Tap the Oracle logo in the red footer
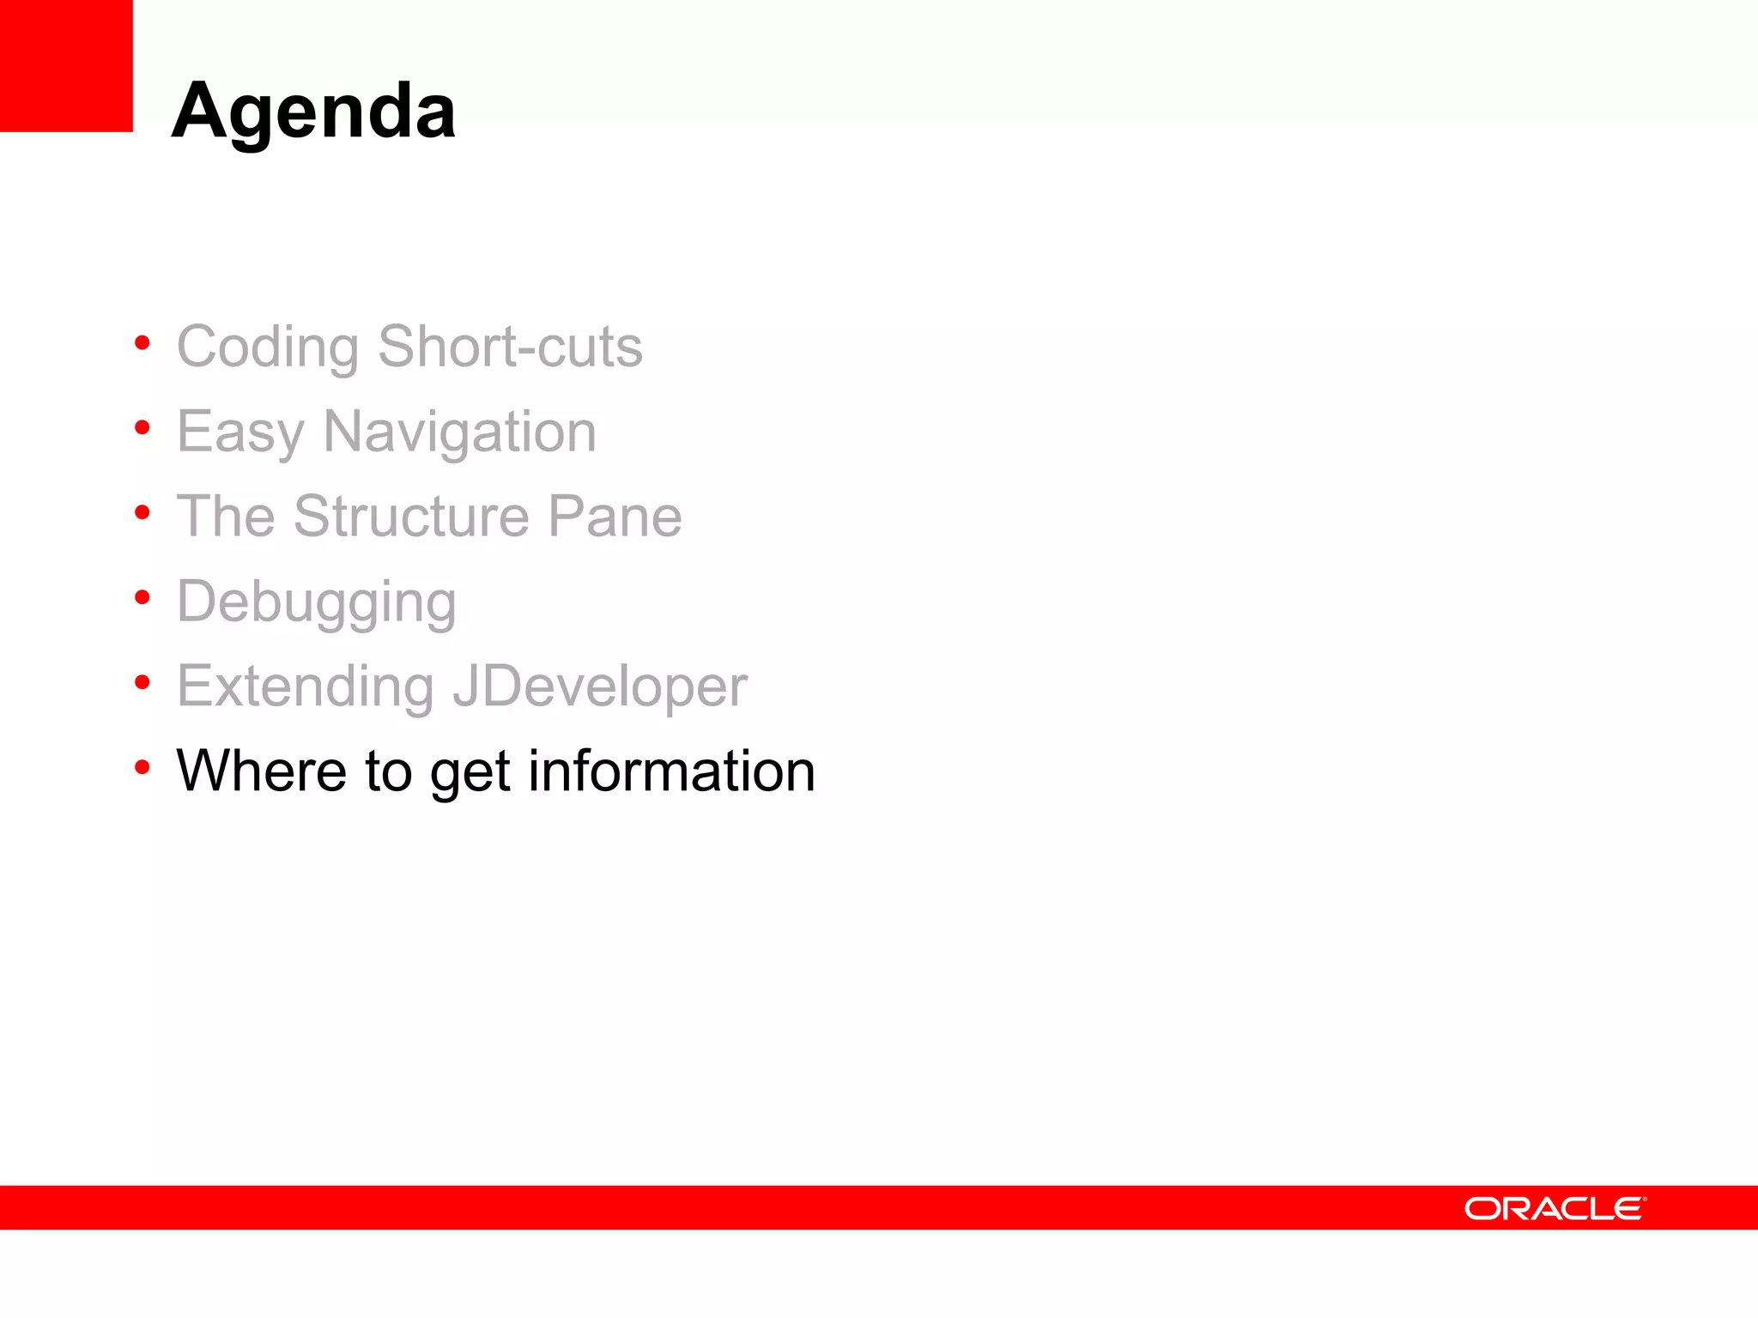[x=1555, y=1208]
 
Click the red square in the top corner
[x=66, y=65]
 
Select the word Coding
[x=267, y=348]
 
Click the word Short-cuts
[x=510, y=346]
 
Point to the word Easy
[x=241, y=432]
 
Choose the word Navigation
[x=459, y=432]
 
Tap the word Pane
[x=615, y=517]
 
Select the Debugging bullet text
[x=316, y=602]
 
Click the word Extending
[x=305, y=686]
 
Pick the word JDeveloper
[x=600, y=686]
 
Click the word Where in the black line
[x=261, y=771]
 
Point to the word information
[x=671, y=771]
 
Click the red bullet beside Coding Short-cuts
[x=142, y=343]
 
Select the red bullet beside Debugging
[x=142, y=597]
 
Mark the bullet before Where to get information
[x=142, y=766]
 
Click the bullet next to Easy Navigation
[x=142, y=427]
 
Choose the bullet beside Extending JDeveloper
[x=142, y=682]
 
